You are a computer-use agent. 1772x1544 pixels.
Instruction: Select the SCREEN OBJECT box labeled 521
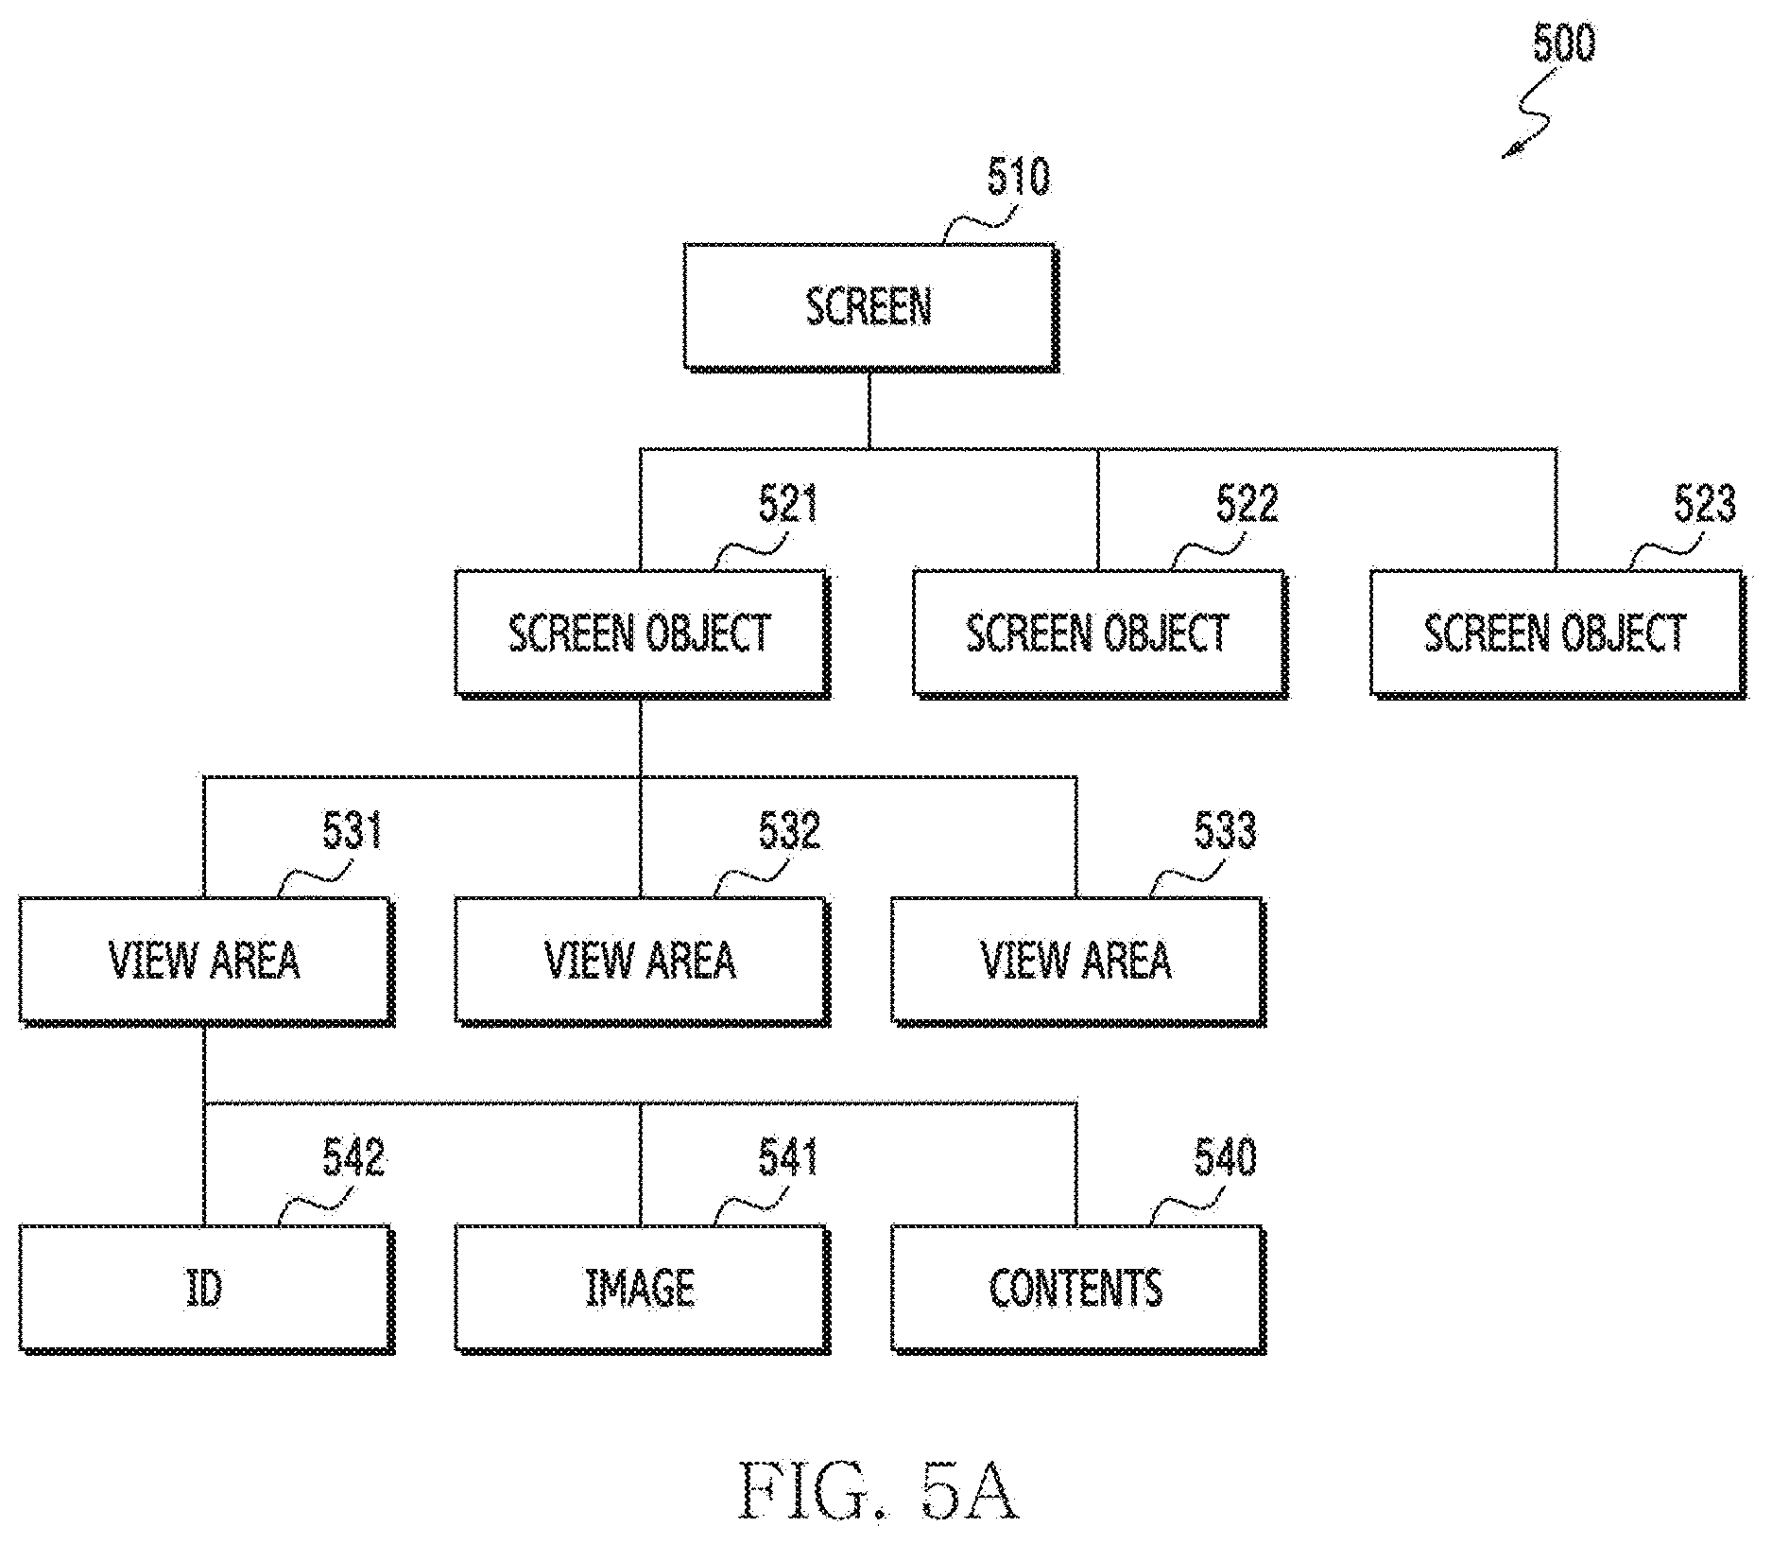click(x=643, y=634)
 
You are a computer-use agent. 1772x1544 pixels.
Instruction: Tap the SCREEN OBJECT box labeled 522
click(x=1100, y=634)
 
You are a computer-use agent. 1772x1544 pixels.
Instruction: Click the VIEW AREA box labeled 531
click(x=206, y=962)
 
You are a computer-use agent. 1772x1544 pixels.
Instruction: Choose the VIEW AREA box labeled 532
click(x=643, y=962)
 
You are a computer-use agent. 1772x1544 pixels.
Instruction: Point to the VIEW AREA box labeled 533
click(x=1078, y=962)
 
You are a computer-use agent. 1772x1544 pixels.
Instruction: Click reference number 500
click(x=1564, y=43)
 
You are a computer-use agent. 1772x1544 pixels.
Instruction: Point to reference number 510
click(x=1019, y=177)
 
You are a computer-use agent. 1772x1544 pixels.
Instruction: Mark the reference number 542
click(x=353, y=1157)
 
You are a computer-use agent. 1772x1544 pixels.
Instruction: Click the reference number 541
click(x=789, y=1157)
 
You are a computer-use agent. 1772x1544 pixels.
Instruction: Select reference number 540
click(x=1225, y=1157)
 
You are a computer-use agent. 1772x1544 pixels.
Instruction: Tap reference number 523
click(x=1705, y=503)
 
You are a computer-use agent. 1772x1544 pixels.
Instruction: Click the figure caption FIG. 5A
click(x=879, y=1489)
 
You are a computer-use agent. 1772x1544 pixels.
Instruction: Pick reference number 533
click(x=1225, y=830)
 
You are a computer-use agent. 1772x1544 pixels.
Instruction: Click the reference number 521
click(x=789, y=503)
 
